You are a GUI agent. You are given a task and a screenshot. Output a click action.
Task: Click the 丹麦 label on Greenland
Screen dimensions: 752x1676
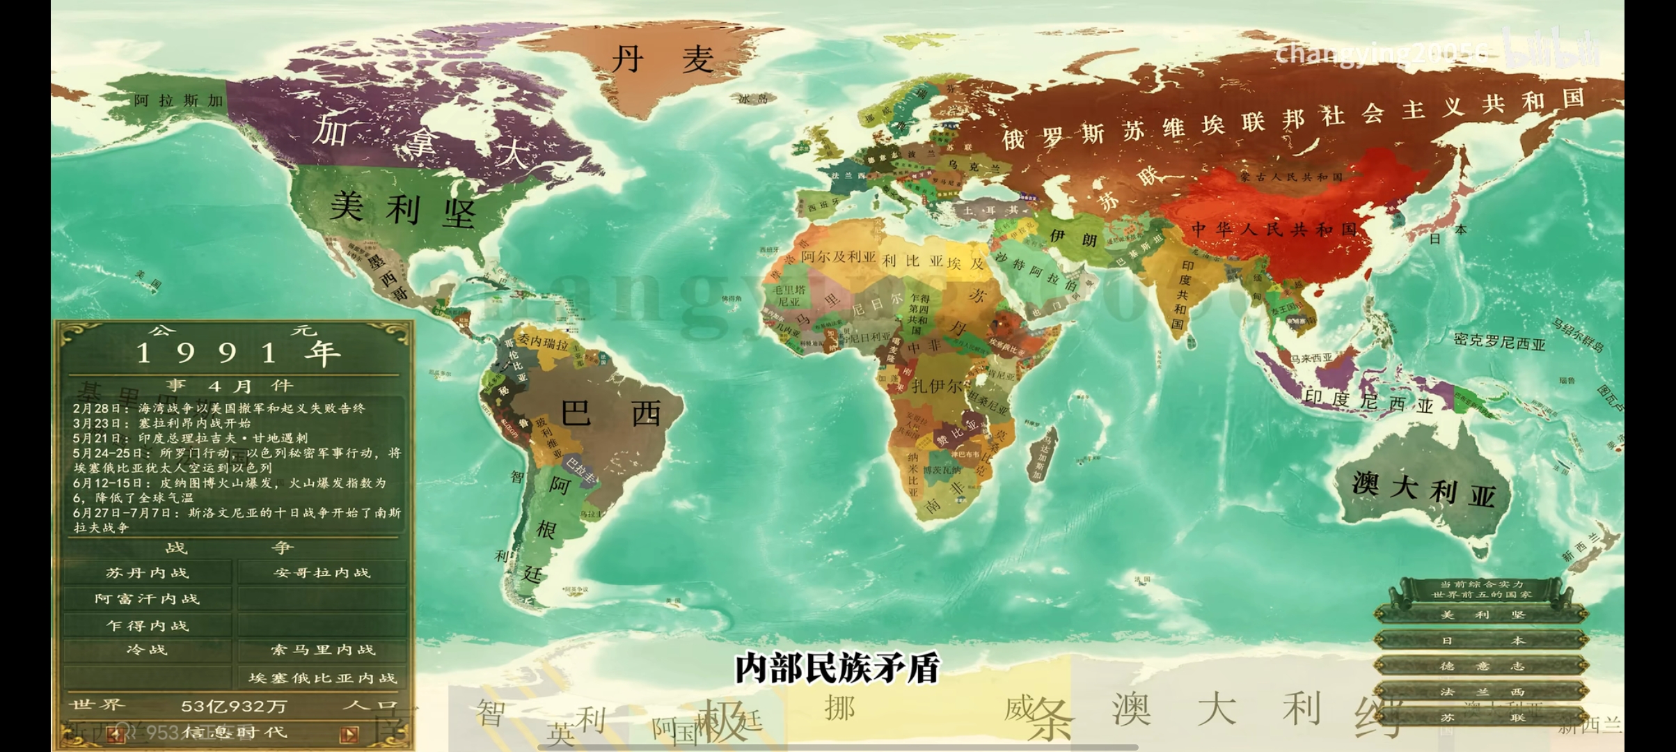point(662,60)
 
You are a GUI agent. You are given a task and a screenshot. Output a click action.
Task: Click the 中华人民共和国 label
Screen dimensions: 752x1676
point(1274,229)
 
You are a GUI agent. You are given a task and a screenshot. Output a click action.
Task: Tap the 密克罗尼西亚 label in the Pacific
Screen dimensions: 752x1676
point(1499,341)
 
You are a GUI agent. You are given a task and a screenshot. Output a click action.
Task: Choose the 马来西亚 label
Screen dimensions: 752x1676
point(1311,358)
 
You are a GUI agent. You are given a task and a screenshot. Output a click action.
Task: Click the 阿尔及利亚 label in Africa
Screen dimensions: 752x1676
point(838,257)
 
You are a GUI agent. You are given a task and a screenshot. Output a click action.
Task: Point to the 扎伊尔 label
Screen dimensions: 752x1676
point(937,386)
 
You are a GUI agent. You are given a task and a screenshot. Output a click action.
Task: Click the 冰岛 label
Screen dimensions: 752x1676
point(753,99)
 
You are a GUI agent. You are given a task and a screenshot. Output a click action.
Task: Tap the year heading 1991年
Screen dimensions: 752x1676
point(237,353)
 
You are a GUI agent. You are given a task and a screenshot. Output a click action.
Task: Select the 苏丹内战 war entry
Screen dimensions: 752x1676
point(148,573)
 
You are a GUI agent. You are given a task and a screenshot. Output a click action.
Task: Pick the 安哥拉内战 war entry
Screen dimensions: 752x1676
point(322,573)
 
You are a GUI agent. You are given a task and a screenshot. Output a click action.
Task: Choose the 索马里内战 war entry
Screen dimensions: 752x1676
point(322,650)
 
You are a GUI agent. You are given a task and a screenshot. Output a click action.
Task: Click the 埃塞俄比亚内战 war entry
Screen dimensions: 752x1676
point(322,677)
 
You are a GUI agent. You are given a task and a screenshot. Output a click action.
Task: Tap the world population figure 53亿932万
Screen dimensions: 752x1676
point(234,706)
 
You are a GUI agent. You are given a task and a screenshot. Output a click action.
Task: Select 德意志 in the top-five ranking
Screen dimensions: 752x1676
point(1482,666)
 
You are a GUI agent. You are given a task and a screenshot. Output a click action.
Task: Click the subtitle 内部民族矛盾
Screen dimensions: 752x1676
point(837,668)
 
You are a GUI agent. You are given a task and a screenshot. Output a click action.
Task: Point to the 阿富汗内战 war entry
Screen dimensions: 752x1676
point(148,599)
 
